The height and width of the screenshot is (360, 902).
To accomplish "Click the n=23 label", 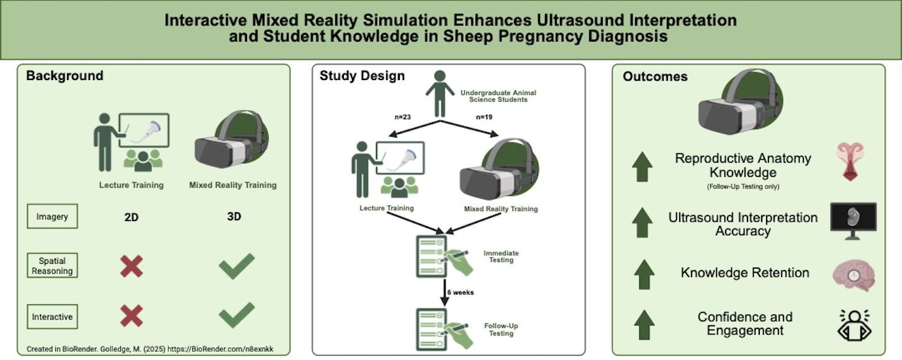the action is click(403, 117).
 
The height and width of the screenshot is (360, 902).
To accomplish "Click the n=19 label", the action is click(484, 117).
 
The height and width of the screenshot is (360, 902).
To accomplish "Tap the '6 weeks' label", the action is click(461, 292).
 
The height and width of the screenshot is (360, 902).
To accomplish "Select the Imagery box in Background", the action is click(52, 216).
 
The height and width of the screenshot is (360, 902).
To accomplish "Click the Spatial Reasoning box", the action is click(52, 266).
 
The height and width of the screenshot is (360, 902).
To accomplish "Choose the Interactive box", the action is click(52, 317).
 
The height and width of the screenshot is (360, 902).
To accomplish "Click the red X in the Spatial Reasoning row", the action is click(132, 266).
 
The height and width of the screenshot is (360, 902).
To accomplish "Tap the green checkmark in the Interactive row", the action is click(237, 315).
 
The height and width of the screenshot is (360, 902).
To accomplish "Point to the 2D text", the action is click(131, 217).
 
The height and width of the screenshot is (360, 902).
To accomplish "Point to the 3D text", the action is click(234, 217).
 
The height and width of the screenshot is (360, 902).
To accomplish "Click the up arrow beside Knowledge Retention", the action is click(644, 274).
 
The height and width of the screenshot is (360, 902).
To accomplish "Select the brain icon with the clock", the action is click(854, 276).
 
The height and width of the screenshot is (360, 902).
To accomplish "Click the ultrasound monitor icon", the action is click(854, 221).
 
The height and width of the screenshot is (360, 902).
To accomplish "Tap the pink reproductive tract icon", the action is click(850, 161).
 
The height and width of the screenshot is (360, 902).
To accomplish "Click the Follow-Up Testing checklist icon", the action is click(443, 330).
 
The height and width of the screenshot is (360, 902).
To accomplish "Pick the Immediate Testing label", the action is click(501, 256).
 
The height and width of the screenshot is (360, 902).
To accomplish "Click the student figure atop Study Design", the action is click(440, 94).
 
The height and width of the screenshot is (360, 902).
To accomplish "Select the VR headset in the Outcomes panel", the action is click(741, 101).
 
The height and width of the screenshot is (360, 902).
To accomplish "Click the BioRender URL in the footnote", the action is click(220, 349).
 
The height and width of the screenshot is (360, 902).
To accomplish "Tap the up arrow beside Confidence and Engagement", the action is click(644, 325).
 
